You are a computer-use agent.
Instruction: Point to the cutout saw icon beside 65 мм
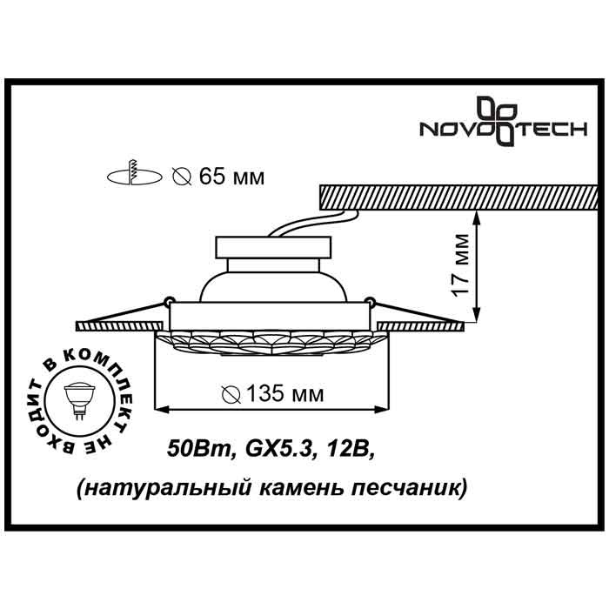(x=134, y=176)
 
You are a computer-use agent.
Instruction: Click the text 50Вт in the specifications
(x=198, y=450)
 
